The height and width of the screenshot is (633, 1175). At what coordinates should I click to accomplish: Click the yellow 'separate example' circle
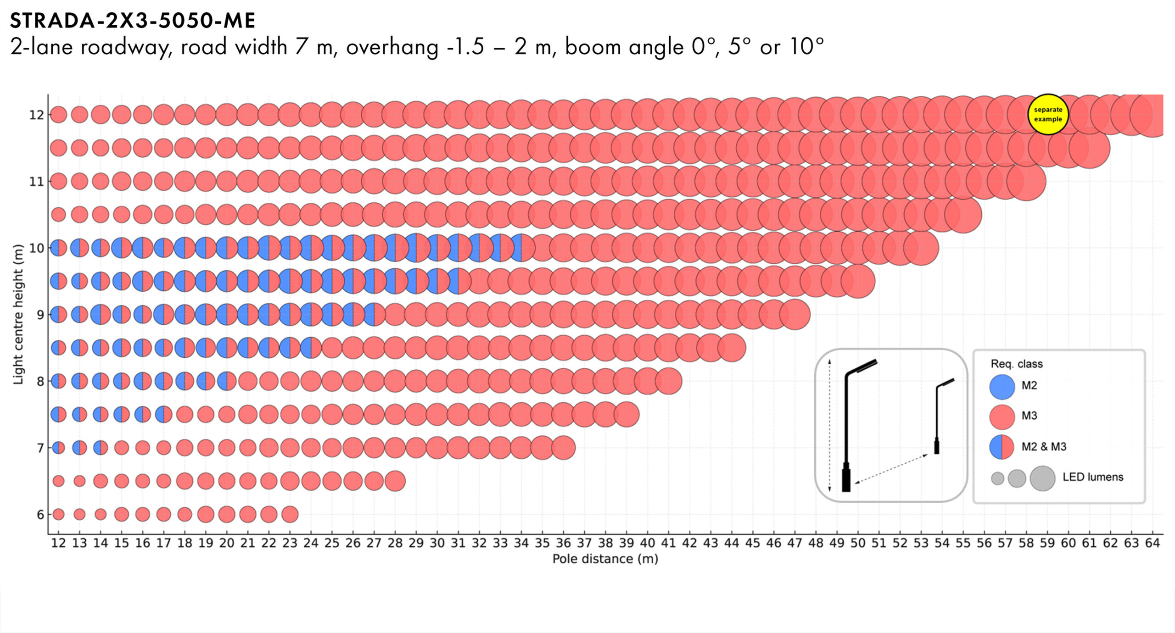1048,114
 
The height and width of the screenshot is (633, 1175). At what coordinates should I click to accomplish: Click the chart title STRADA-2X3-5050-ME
133,21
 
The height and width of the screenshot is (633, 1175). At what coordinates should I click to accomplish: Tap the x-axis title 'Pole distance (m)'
605,559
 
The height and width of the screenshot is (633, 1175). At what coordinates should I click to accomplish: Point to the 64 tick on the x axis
1152,543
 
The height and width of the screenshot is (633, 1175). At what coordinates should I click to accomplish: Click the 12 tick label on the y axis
36,115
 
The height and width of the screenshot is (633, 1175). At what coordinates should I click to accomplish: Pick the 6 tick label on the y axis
40,515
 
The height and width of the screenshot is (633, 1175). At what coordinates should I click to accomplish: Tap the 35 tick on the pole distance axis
542,543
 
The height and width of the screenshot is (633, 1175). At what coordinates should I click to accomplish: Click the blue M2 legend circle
1002,386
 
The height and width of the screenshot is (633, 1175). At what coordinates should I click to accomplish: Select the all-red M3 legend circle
1002,416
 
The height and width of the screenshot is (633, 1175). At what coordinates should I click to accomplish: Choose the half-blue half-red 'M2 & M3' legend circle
1002,447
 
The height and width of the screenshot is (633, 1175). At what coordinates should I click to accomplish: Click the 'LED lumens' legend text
1093,477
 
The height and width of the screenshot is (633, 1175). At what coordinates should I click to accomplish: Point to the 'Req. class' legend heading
1017,364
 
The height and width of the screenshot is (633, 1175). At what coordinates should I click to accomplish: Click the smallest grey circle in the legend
997,478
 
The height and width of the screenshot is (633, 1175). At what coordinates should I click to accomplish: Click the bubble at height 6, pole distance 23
290,514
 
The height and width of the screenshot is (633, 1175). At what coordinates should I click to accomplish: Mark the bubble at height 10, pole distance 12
58,248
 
